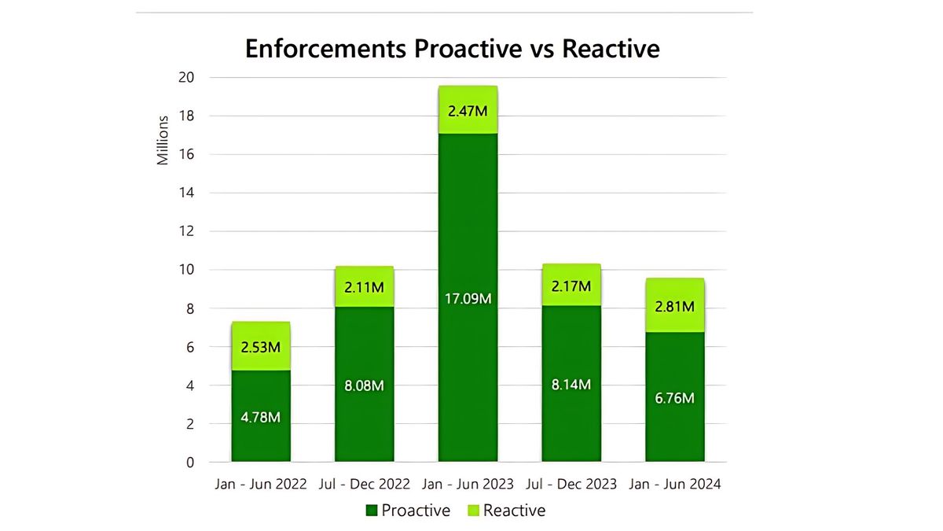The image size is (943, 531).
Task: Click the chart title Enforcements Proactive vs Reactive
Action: pyautogui.click(x=452, y=49)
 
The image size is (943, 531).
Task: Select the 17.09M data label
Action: pyautogui.click(x=468, y=300)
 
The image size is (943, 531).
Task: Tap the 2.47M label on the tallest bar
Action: pyautogui.click(x=468, y=111)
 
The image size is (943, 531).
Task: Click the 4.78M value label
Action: pyautogui.click(x=260, y=417)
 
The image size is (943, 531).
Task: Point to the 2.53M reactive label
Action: pyautogui.click(x=260, y=346)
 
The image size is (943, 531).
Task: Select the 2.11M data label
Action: pyautogui.click(x=364, y=287)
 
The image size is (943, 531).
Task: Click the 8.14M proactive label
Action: pyautogui.click(x=571, y=385)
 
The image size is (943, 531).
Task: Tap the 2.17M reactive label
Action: pyautogui.click(x=571, y=286)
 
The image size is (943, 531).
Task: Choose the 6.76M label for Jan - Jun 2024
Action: pyautogui.click(x=674, y=398)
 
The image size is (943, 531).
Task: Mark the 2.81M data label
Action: pyautogui.click(x=674, y=306)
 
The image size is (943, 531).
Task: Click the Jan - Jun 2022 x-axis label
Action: pyautogui.click(x=261, y=484)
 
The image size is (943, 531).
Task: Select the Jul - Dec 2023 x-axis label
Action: pyautogui.click(x=571, y=484)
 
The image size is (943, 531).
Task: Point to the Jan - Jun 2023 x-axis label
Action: pyautogui.click(x=468, y=484)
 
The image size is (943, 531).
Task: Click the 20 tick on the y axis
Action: pyautogui.click(x=186, y=77)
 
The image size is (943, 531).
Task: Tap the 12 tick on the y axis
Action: pyautogui.click(x=186, y=231)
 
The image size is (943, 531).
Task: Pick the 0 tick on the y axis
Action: pyautogui.click(x=189, y=463)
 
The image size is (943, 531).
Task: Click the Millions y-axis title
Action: pyautogui.click(x=163, y=140)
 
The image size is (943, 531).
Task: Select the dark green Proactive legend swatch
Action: pyautogui.click(x=372, y=511)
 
